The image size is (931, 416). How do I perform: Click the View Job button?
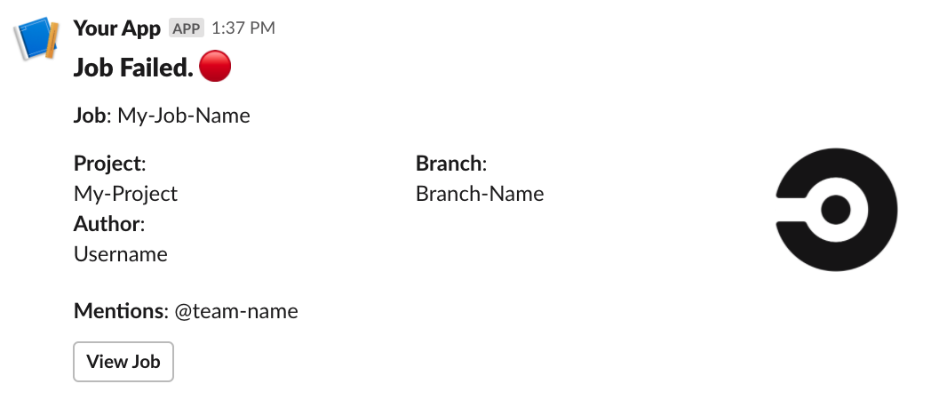123,362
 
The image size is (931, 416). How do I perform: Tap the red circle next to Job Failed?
215,67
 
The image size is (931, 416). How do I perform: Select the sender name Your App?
117,28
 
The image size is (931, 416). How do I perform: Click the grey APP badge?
187,28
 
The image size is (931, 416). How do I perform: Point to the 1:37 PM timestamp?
243,28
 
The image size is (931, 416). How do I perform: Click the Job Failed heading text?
133,68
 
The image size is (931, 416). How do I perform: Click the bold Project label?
107,164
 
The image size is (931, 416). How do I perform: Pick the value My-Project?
125,194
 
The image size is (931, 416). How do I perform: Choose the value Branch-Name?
480,194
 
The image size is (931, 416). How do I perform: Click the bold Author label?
107,223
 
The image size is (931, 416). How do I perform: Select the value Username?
121,254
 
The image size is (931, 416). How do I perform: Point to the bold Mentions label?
119,311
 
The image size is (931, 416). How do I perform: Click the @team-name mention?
236,311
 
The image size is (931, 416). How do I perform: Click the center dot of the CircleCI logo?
835,210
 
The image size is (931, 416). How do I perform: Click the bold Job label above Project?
90,116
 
